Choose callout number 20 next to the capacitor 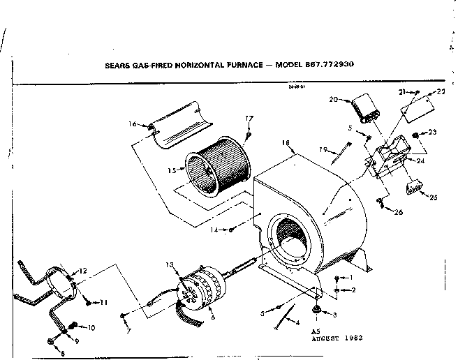(x=333, y=100)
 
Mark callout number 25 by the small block (x=434, y=197)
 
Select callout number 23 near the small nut (x=432, y=132)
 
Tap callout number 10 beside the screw (x=91, y=327)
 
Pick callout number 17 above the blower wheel (x=249, y=118)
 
